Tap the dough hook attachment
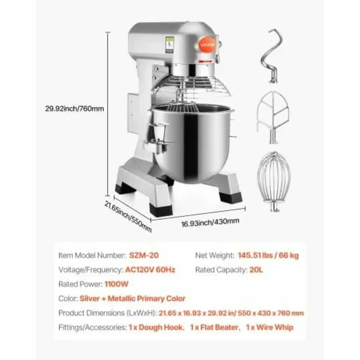pos(272,55)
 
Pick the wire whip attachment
pos(274,180)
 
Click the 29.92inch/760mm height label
pos(74,109)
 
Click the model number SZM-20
pos(144,255)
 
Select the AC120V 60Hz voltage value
pos(150,270)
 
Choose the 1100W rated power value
pos(116,284)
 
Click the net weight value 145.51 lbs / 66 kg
pos(268,255)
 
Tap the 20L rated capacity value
pos(256,270)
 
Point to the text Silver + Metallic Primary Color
pos(132,298)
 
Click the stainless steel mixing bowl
pos(192,141)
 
